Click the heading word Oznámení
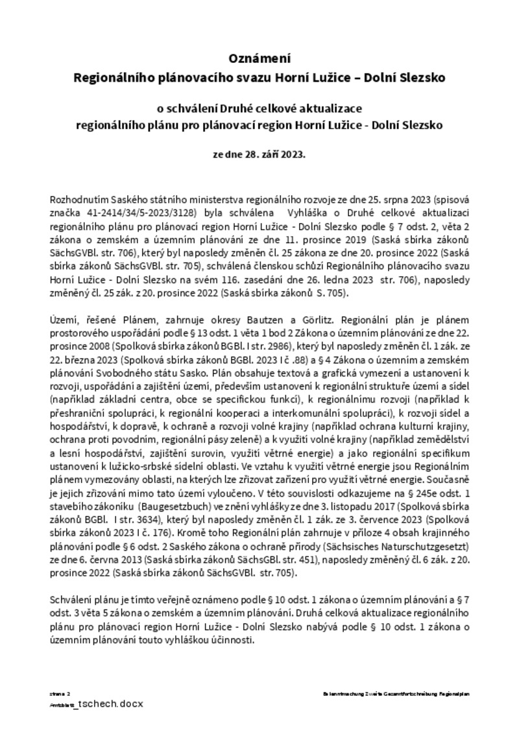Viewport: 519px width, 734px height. [x=259, y=58]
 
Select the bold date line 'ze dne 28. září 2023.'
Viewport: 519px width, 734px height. [x=259, y=156]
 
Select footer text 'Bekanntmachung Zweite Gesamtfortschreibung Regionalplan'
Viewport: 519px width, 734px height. [x=396, y=693]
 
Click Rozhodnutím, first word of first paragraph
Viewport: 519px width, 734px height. [x=76, y=200]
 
